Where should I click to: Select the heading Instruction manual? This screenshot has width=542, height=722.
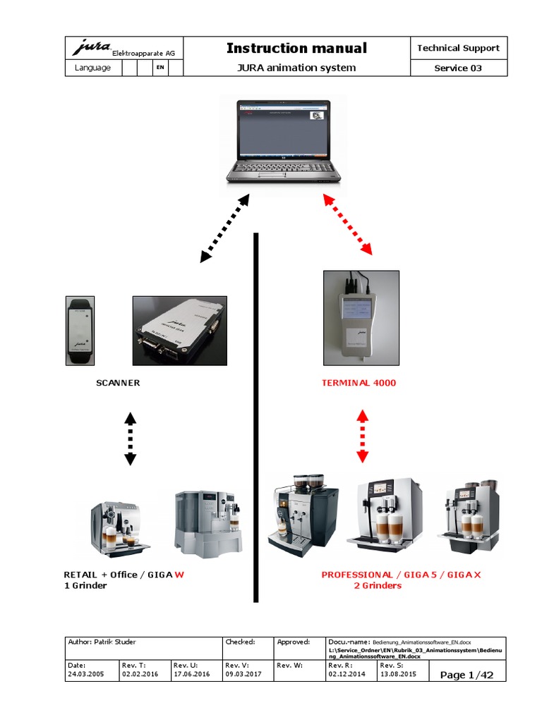tap(296, 48)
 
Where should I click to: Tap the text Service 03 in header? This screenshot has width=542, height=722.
tap(458, 68)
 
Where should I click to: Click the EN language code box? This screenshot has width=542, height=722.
tap(160, 68)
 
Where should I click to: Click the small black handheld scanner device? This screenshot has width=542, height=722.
tap(80, 329)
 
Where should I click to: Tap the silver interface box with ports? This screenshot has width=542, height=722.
tap(180, 329)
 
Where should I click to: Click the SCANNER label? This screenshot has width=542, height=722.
tap(118, 383)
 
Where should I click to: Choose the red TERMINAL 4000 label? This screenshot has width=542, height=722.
tap(359, 383)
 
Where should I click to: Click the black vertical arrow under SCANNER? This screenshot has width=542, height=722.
tap(130, 439)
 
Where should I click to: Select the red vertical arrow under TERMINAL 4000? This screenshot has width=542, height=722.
tap(362, 435)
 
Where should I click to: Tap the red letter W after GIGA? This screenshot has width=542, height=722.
tap(179, 575)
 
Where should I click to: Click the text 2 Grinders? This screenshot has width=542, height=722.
tap(378, 585)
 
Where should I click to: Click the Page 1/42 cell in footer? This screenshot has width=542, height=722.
tap(466, 675)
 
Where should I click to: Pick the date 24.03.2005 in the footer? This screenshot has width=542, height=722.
tap(85, 675)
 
